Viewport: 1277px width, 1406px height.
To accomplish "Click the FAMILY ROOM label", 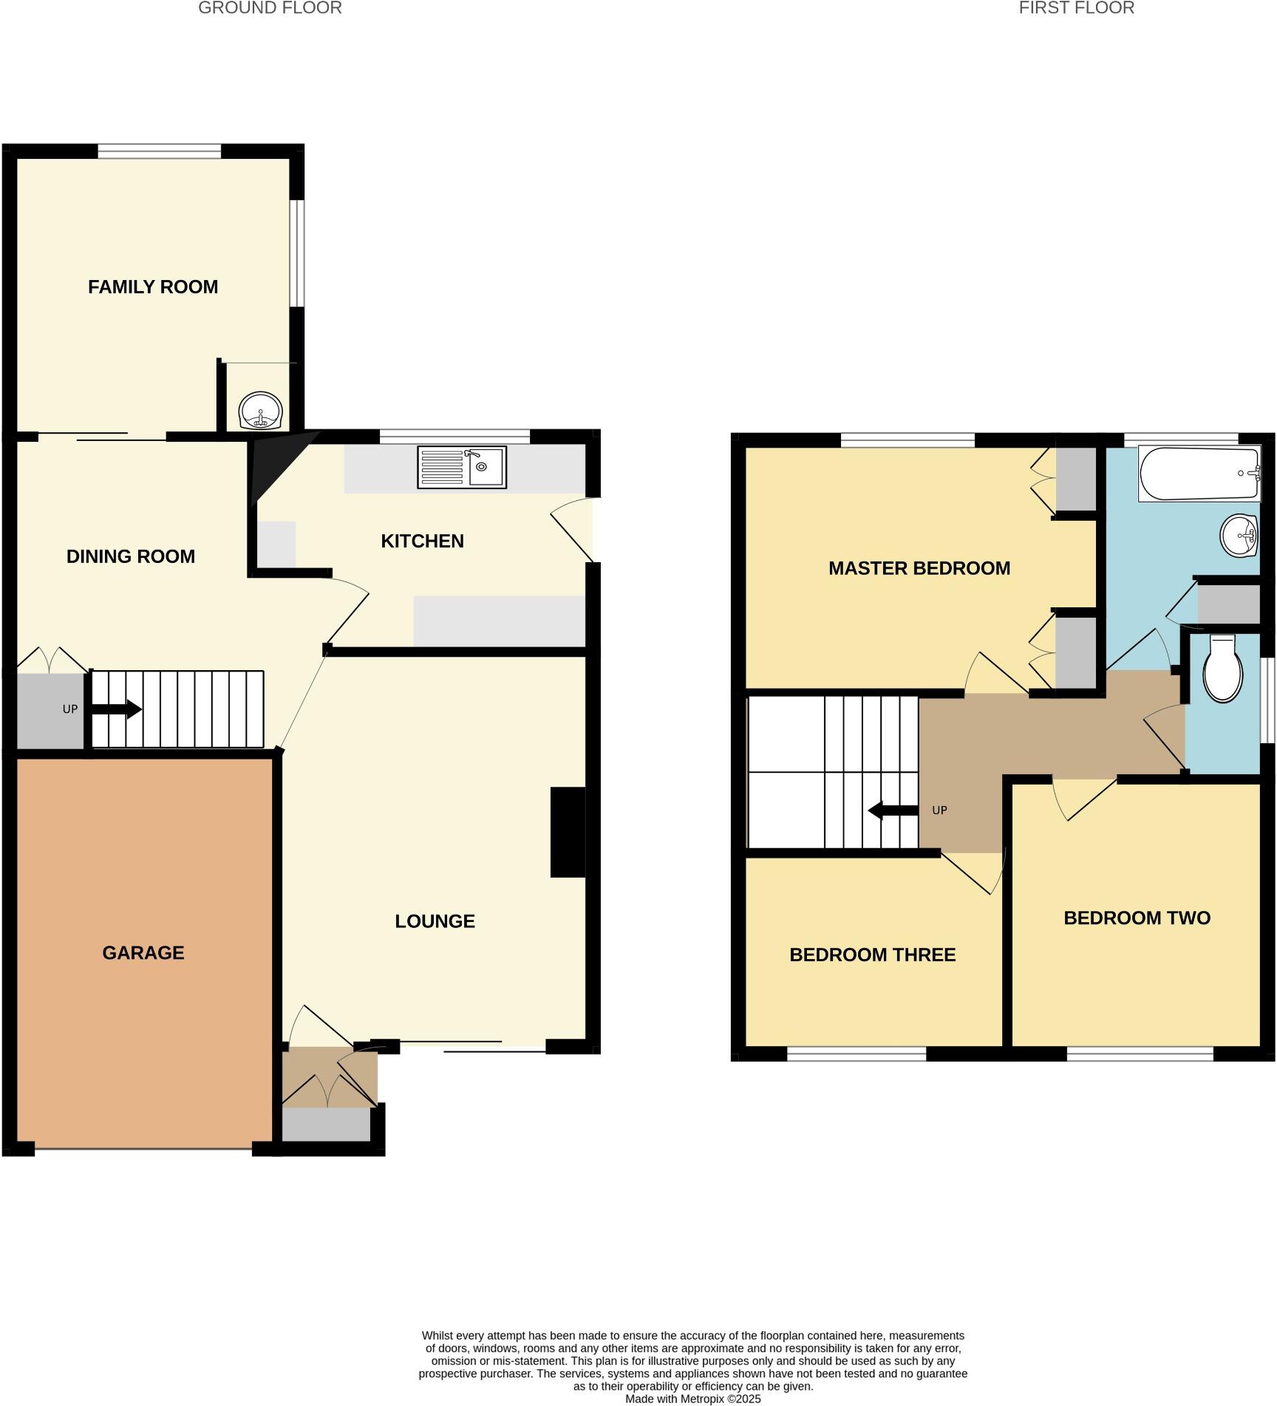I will pos(153,287).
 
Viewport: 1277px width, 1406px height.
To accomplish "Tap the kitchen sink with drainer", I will pos(462,467).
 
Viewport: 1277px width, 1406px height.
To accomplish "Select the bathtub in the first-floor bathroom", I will pos(1199,474).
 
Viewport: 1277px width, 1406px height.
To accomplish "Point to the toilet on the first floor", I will pos(1223,669).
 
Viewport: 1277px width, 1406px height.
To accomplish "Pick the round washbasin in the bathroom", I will pos(1239,536).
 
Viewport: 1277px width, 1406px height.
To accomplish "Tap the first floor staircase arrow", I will pos(893,811).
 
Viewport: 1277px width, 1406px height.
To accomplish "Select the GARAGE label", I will pos(143,953).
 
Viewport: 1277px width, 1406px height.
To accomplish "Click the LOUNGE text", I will pos(435,921).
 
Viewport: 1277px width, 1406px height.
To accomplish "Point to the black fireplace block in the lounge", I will pos(568,832).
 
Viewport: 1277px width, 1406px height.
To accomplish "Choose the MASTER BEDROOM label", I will pos(919,568).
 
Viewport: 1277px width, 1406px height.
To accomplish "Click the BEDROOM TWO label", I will pos(1137,918).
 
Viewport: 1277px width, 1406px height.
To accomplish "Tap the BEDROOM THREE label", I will pos(872,955).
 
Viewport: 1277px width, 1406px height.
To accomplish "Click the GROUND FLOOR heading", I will pos(270,8).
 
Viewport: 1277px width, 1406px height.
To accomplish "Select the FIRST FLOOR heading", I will pos(1076,8).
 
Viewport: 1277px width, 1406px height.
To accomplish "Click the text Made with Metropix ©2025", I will pos(692,1399).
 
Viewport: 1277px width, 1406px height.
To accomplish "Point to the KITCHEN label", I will pos(422,542).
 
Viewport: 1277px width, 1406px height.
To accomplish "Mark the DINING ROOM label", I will pos(131,557).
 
